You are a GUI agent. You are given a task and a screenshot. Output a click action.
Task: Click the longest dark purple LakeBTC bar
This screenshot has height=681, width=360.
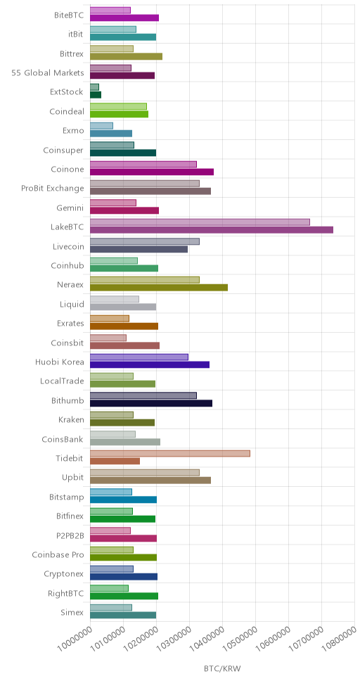tap(212, 230)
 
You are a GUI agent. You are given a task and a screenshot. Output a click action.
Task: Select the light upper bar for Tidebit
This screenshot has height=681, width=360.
tap(169, 454)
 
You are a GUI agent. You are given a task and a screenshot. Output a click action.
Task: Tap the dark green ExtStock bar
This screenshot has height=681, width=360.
tap(96, 95)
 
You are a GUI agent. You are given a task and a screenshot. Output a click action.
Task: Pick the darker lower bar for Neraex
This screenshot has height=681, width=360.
tap(158, 288)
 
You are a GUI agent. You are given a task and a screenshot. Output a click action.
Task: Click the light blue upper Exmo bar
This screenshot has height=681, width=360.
tap(101, 125)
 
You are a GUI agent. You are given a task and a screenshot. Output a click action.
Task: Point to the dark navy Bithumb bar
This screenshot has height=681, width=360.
tap(151, 404)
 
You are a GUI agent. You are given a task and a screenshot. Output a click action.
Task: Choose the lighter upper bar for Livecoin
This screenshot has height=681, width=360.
tap(145, 241)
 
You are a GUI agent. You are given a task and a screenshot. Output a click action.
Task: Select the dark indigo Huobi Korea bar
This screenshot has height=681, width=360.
tap(149, 365)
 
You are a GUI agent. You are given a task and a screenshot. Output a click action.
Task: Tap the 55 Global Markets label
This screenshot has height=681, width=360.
tap(48, 72)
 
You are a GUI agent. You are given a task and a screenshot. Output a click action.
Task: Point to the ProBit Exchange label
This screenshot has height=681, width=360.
tap(53, 188)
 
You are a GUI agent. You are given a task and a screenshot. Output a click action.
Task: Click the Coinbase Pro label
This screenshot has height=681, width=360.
tap(58, 554)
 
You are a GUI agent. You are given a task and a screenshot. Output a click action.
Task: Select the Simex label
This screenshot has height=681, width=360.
tap(72, 613)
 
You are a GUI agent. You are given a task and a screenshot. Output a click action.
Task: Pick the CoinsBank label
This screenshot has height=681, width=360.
tap(63, 439)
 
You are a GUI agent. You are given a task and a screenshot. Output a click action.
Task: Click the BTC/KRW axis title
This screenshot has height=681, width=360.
tap(222, 668)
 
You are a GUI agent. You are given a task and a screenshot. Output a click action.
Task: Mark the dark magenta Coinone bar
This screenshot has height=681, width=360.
tap(152, 172)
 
